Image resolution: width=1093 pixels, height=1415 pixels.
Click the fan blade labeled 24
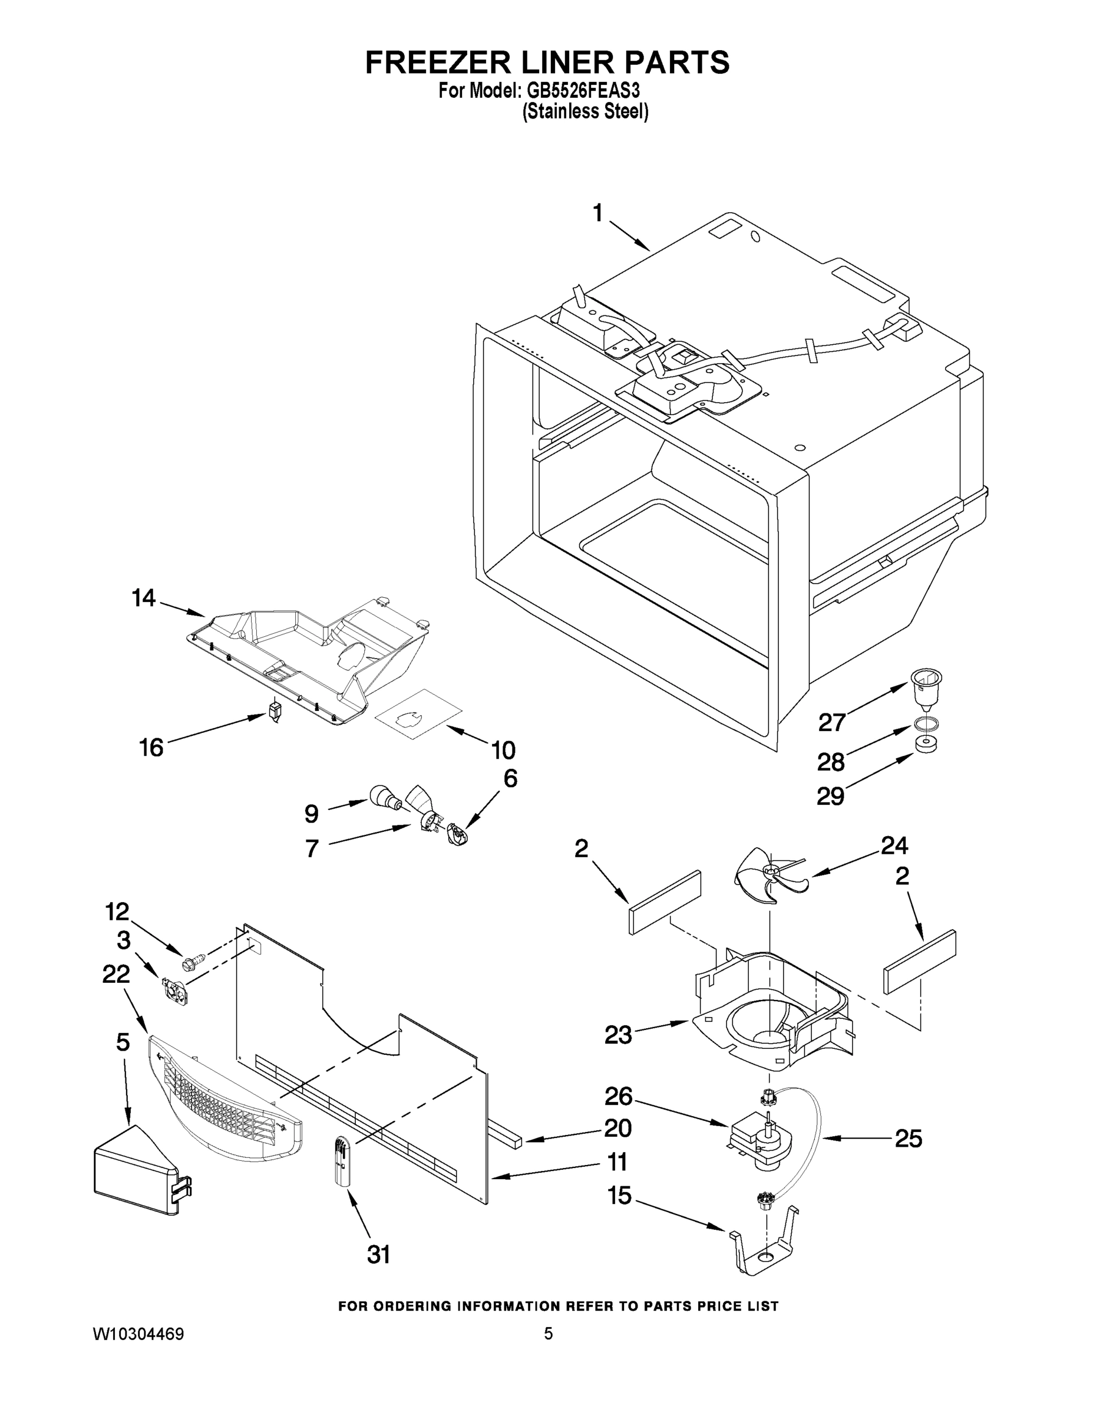(768, 877)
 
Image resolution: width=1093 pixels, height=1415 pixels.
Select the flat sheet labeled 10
(418, 713)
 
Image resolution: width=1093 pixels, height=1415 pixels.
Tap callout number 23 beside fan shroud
(617, 1035)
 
